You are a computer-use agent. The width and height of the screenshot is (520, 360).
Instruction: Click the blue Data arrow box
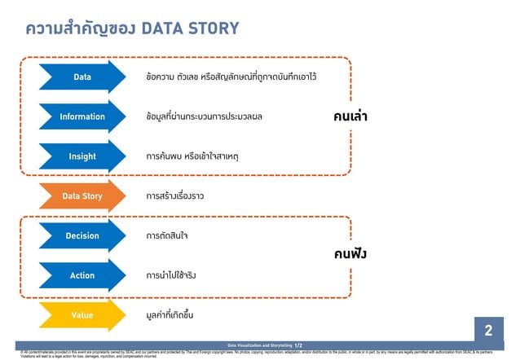click(82, 77)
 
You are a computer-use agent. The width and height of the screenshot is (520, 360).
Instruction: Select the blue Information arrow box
click(82, 116)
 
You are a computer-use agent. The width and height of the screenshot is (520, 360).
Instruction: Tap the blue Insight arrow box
click(82, 156)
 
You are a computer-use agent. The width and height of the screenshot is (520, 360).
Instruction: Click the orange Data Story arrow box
click(82, 196)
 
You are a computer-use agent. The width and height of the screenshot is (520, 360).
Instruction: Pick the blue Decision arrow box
click(82, 236)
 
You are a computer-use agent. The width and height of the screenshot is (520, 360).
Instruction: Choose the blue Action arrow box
click(82, 275)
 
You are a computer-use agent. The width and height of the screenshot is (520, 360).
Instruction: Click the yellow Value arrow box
click(82, 315)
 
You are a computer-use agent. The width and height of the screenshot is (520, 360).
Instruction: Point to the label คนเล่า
click(350, 116)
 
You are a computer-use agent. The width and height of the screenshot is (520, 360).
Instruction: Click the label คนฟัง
click(350, 254)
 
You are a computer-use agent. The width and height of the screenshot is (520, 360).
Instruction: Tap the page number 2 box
click(488, 331)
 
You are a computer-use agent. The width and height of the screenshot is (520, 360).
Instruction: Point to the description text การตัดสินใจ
click(167, 236)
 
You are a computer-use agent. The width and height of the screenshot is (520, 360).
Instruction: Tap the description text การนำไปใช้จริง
click(171, 275)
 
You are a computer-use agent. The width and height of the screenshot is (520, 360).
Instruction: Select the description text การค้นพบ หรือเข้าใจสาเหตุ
click(192, 156)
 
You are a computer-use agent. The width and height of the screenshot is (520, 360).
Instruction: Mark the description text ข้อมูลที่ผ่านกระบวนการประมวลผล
click(204, 116)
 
